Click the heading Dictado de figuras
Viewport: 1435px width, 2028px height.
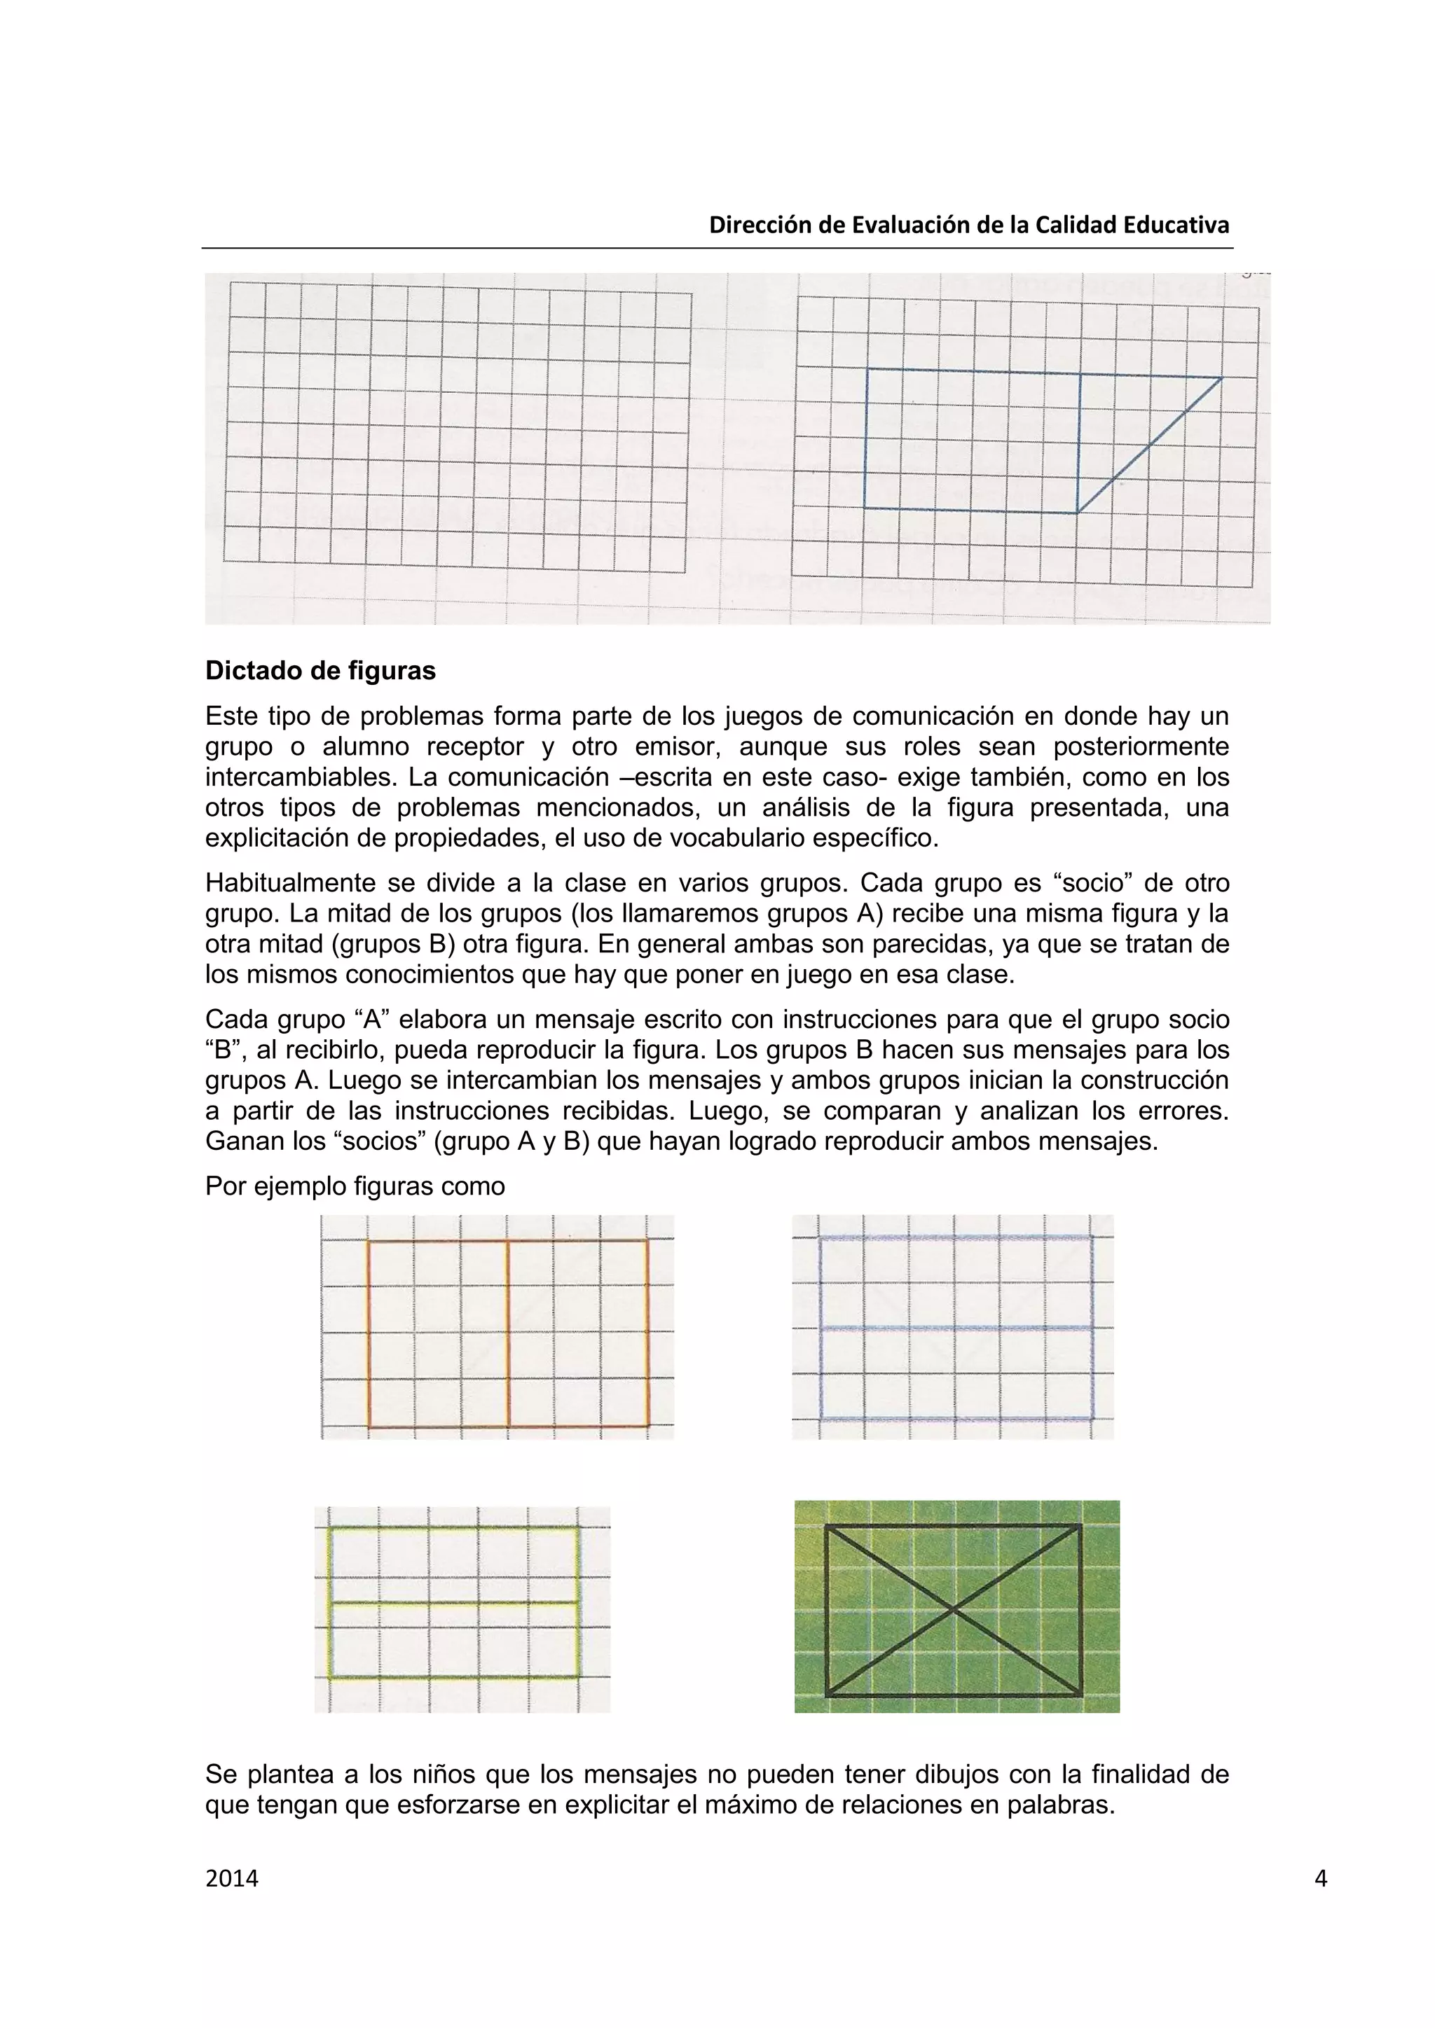pos(320,672)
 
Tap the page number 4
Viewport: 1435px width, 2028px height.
pos(1320,1878)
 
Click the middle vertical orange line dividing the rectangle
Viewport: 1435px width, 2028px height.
pos(508,1334)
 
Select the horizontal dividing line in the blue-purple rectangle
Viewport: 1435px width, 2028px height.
pos(956,1328)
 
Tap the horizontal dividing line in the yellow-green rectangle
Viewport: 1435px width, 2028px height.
pos(454,1602)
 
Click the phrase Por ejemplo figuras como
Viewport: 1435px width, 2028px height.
pos(355,1186)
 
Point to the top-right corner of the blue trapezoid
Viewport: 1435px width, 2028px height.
pos(1221,378)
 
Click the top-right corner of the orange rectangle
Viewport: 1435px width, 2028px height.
pos(647,1241)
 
